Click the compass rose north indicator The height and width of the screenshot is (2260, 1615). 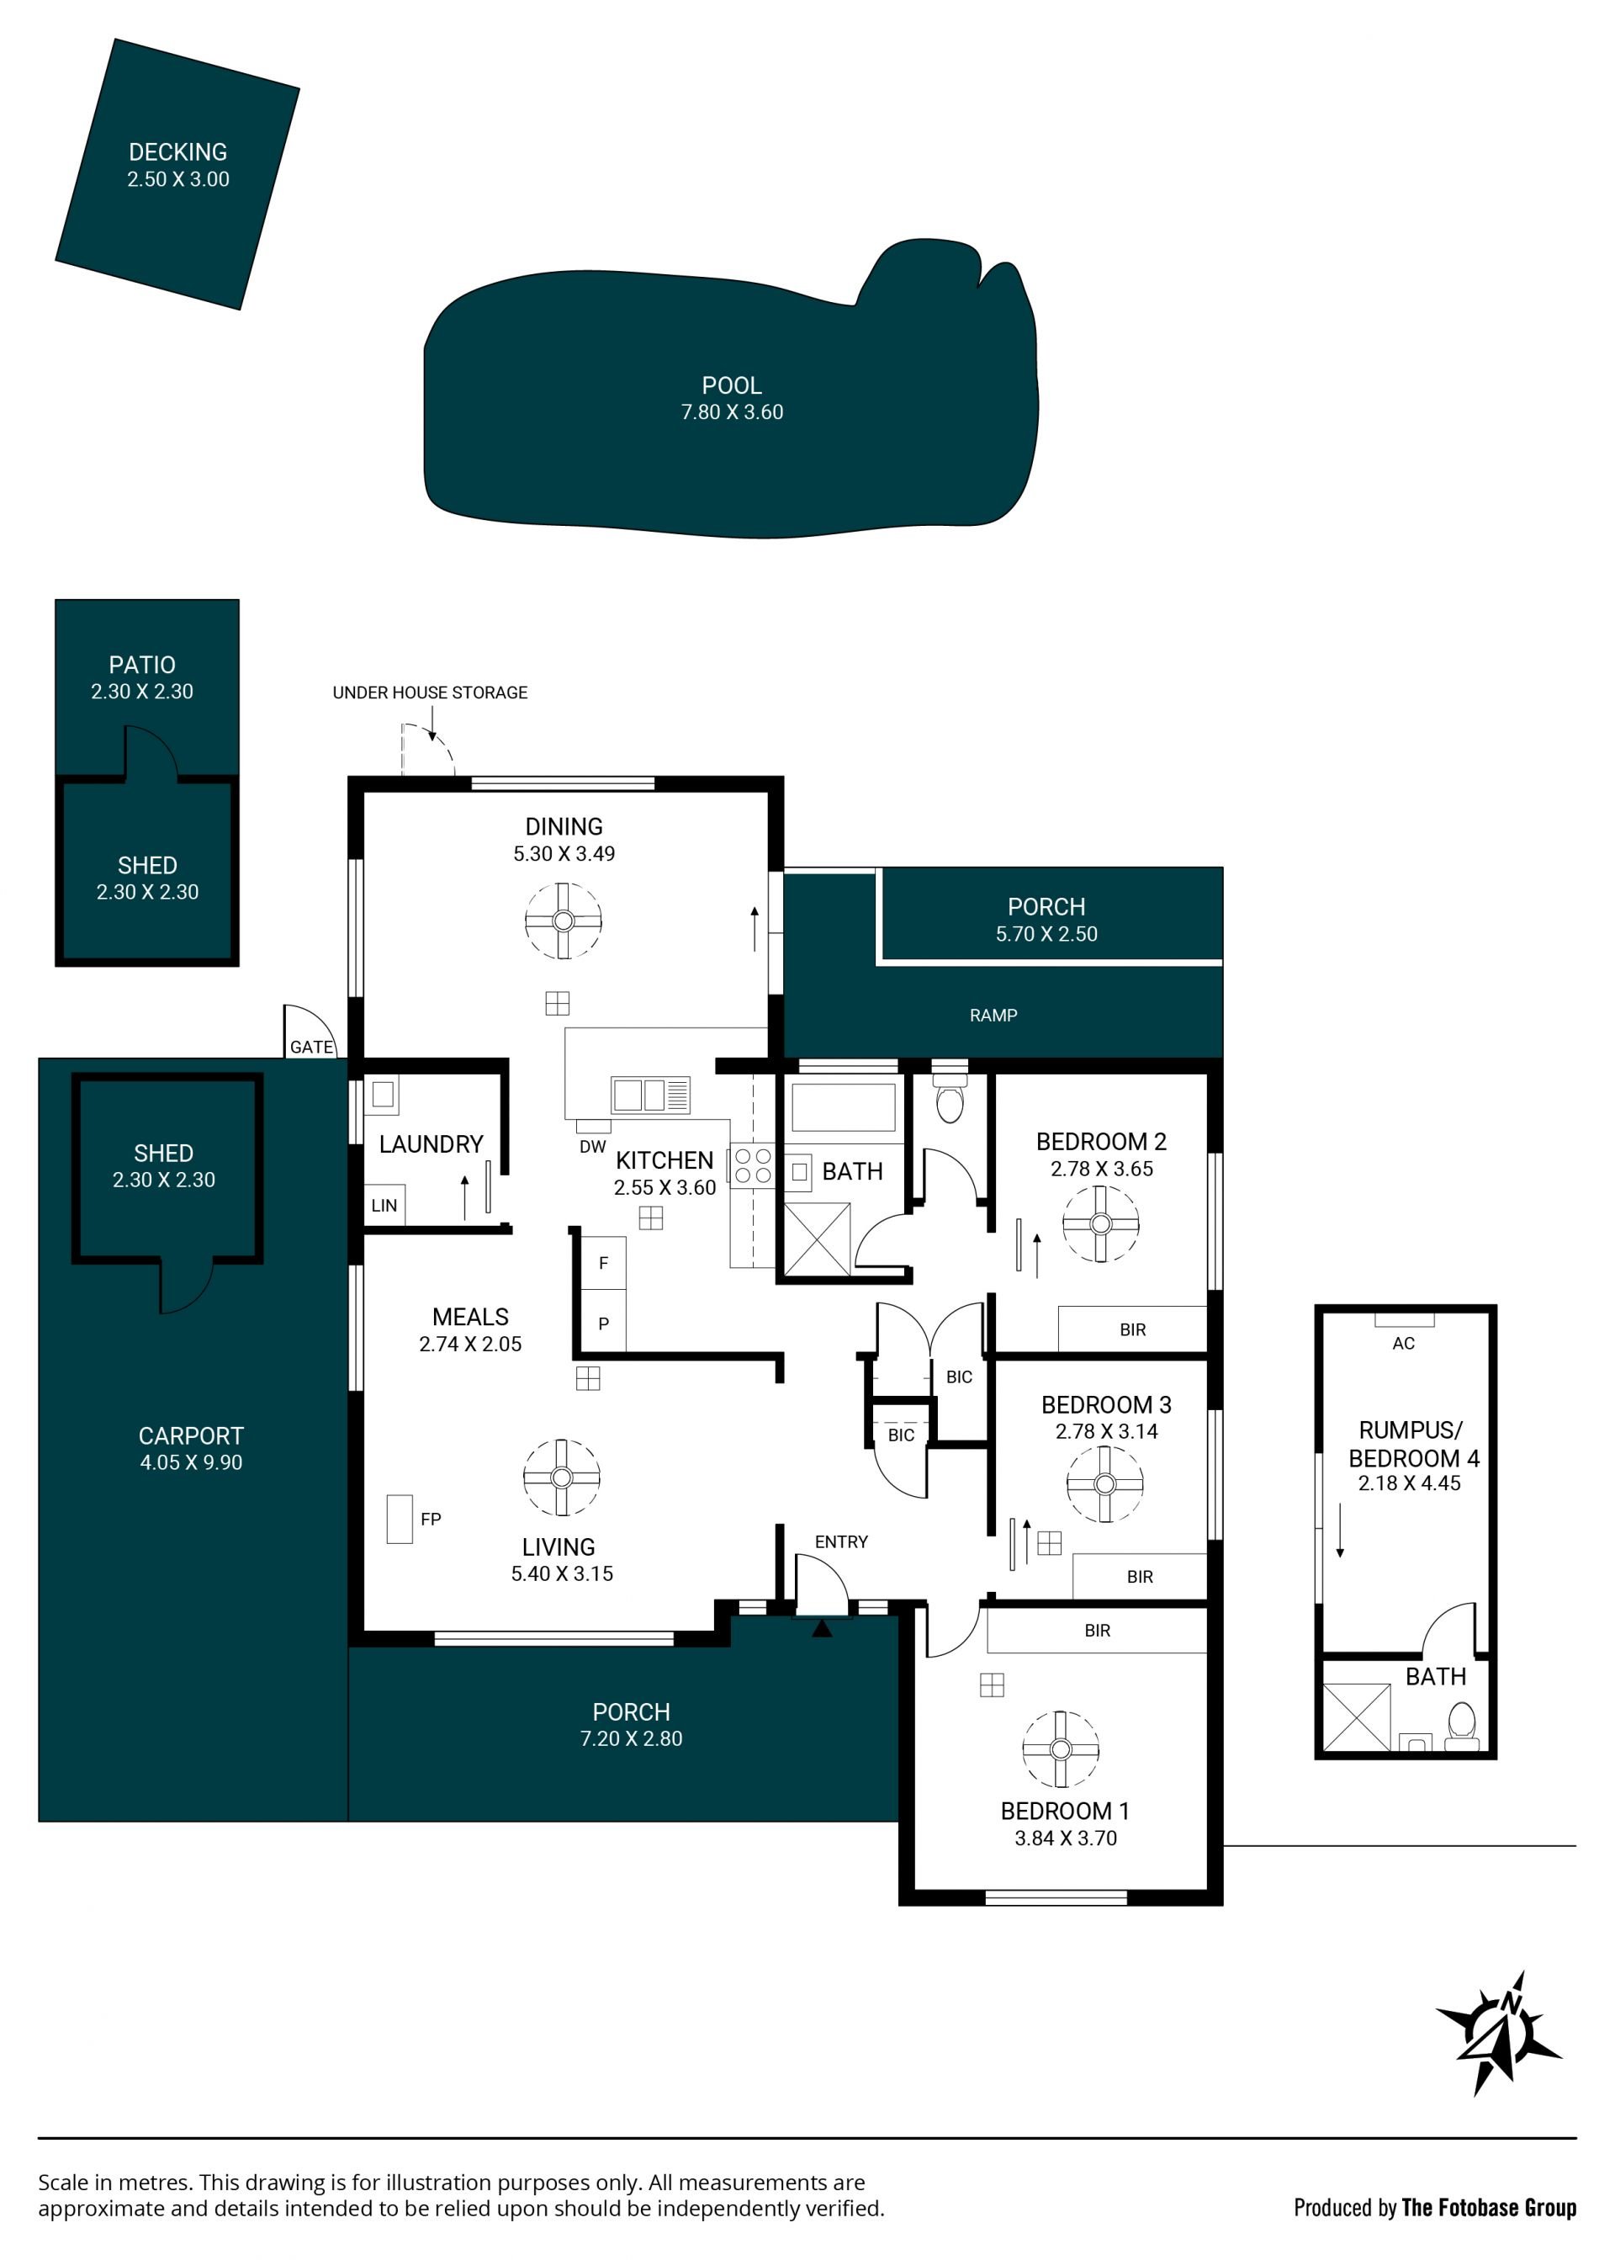[x=1499, y=2035]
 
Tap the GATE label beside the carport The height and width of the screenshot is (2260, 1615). [x=311, y=1047]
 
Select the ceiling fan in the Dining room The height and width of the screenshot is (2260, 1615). [x=563, y=921]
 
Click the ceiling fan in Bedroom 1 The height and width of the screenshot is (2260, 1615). [x=1060, y=1748]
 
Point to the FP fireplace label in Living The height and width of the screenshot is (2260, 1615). [x=431, y=1519]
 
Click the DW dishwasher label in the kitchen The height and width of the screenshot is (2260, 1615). [x=593, y=1146]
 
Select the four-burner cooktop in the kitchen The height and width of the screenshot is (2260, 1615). [x=753, y=1166]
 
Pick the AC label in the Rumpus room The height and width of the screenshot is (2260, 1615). [x=1403, y=1344]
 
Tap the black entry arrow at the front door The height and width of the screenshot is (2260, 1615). [x=822, y=1628]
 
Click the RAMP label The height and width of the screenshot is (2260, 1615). [x=993, y=1016]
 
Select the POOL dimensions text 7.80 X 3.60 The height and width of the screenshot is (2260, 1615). [x=732, y=411]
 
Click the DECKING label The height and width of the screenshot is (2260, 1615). [x=178, y=152]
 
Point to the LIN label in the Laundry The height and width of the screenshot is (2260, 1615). [x=384, y=1206]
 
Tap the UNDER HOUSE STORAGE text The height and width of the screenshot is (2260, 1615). [x=430, y=692]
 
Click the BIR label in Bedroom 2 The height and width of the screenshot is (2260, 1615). [x=1133, y=1330]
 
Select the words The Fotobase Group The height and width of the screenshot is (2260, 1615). [x=1489, y=2207]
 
